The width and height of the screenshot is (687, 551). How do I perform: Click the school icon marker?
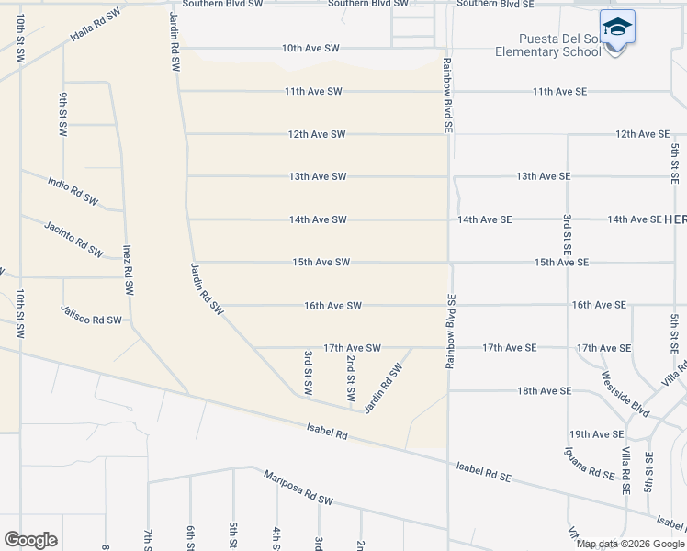617,28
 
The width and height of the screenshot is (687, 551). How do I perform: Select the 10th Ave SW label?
310,48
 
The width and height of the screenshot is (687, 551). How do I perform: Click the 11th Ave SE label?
559,92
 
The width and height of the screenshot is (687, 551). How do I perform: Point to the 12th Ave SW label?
316,134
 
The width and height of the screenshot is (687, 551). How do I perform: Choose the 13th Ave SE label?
543,176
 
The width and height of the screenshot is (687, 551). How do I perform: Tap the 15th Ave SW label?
321,263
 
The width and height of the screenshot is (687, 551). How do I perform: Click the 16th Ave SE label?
598,305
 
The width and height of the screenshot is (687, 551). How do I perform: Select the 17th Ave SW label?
352,348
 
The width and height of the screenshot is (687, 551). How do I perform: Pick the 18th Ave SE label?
544,391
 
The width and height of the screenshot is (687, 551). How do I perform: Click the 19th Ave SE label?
596,434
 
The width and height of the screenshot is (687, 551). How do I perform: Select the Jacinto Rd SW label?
74,236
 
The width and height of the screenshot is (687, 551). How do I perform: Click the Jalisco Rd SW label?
91,315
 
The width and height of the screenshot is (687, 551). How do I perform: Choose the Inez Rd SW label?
128,270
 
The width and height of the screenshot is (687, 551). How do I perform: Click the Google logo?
30,540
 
